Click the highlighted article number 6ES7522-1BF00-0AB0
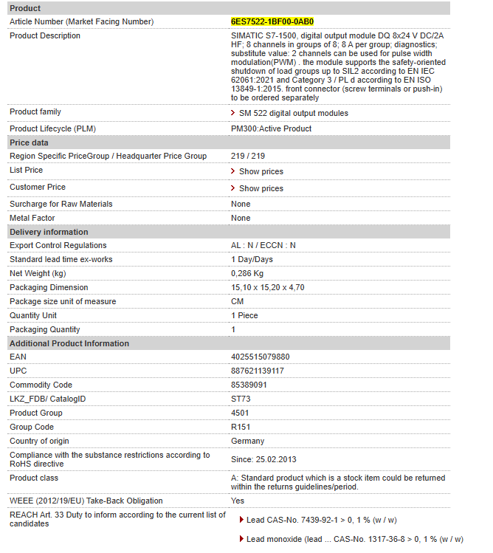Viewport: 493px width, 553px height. [272, 21]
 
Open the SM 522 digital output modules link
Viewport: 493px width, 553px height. [293, 113]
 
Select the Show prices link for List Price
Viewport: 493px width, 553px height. [261, 171]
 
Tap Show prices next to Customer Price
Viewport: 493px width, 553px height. [261, 188]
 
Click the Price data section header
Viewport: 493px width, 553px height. [29, 142]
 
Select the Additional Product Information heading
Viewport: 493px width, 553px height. [69, 343]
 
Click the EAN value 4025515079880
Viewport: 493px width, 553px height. [260, 357]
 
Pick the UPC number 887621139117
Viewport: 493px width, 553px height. [258, 371]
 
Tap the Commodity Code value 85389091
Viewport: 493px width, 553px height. [249, 385]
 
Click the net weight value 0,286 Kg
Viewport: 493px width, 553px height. [247, 273]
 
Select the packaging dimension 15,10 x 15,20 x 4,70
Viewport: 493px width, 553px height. [267, 287]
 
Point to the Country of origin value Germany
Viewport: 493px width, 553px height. [247, 441]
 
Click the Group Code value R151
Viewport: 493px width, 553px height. [241, 427]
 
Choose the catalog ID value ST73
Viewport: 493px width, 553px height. [241, 399]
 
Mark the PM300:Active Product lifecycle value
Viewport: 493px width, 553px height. [271, 128]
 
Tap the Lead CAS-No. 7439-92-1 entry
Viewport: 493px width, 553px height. [321, 521]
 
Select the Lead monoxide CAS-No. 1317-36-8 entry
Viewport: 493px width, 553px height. [354, 540]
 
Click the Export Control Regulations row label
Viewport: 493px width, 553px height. [58, 245]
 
